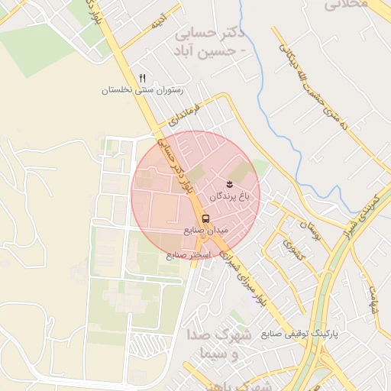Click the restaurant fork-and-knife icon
(x=142, y=79)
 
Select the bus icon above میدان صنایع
(x=205, y=218)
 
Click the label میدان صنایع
(x=205, y=229)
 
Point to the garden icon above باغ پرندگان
(x=230, y=184)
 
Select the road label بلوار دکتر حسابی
(x=178, y=165)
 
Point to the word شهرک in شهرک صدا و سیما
(x=210, y=336)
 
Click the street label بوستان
(x=306, y=228)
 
